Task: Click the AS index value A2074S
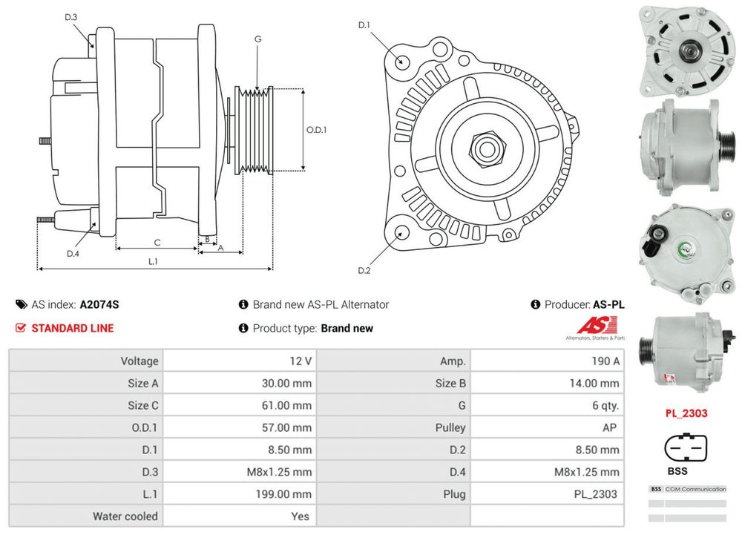point(99,304)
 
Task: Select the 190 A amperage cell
point(605,361)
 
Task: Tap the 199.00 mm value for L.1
point(286,494)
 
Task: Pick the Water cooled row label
point(125,516)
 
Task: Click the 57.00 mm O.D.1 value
point(287,427)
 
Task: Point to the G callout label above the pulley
point(257,39)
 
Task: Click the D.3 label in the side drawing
point(71,18)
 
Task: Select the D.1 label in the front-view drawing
point(364,26)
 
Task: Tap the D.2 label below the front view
point(364,270)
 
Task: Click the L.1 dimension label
point(154,261)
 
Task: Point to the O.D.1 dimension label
point(317,130)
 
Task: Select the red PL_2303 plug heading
point(686,414)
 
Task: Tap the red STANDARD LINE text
point(73,328)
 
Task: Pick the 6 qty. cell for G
point(603,405)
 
